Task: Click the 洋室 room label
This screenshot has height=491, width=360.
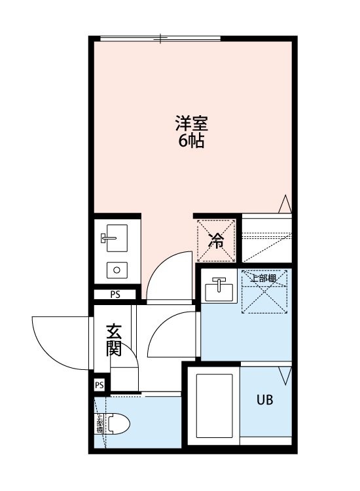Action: click(x=191, y=122)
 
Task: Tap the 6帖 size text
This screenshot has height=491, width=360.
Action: click(x=191, y=140)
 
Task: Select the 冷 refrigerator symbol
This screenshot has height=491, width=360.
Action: click(x=216, y=240)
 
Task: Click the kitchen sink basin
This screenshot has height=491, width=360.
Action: click(x=115, y=240)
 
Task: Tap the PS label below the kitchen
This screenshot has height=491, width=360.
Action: click(x=115, y=295)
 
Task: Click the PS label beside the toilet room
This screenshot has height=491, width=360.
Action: click(x=99, y=386)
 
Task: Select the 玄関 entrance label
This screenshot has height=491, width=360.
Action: click(x=114, y=340)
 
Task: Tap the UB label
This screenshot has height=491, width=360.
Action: click(x=264, y=399)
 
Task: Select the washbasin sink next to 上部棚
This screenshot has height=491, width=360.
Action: click(x=219, y=288)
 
